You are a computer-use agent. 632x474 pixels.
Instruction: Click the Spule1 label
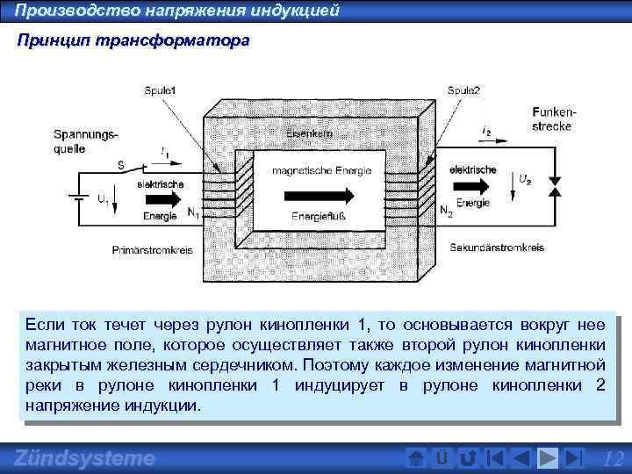pyautogui.click(x=162, y=90)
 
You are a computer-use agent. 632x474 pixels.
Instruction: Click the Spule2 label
pyautogui.click(x=463, y=90)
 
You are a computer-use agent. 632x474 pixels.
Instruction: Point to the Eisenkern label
pyautogui.click(x=307, y=133)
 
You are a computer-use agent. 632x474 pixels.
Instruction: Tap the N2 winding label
pyautogui.click(x=446, y=212)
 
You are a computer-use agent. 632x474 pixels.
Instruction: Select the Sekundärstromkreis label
pyautogui.click(x=497, y=248)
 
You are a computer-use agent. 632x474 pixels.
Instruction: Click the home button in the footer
pyautogui.click(x=418, y=457)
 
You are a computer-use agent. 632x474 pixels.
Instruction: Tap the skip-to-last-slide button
pyautogui.click(x=573, y=457)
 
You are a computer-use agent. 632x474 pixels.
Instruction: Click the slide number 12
pyautogui.click(x=614, y=458)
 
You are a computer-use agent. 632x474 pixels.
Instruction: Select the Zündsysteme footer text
pyautogui.click(x=84, y=458)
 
